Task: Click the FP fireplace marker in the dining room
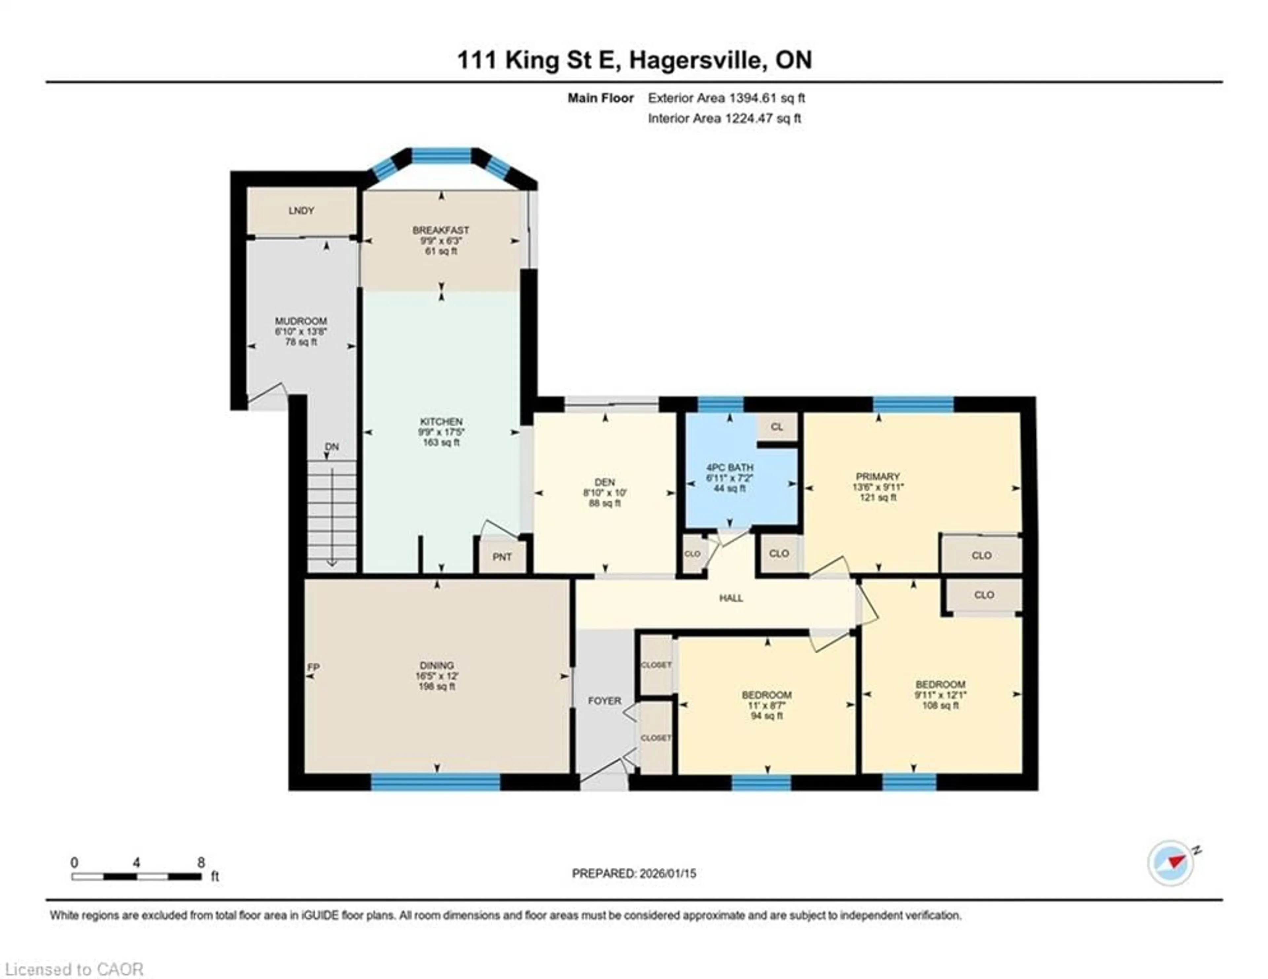(x=313, y=668)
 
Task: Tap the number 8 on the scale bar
(x=201, y=862)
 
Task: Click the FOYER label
(x=604, y=701)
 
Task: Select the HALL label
(x=731, y=598)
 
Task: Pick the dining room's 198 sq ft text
(x=437, y=686)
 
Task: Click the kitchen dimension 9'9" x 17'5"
(x=441, y=432)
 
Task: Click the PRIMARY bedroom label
(x=877, y=477)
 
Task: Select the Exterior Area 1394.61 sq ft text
(x=726, y=98)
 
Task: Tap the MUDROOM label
(x=301, y=321)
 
